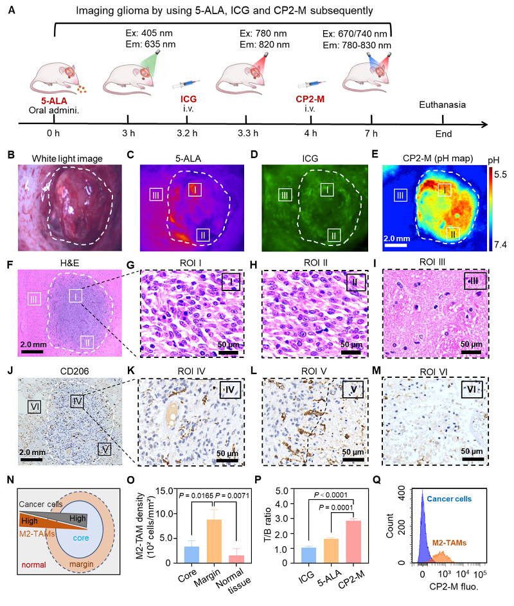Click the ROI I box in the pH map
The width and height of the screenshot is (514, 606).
click(445, 190)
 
